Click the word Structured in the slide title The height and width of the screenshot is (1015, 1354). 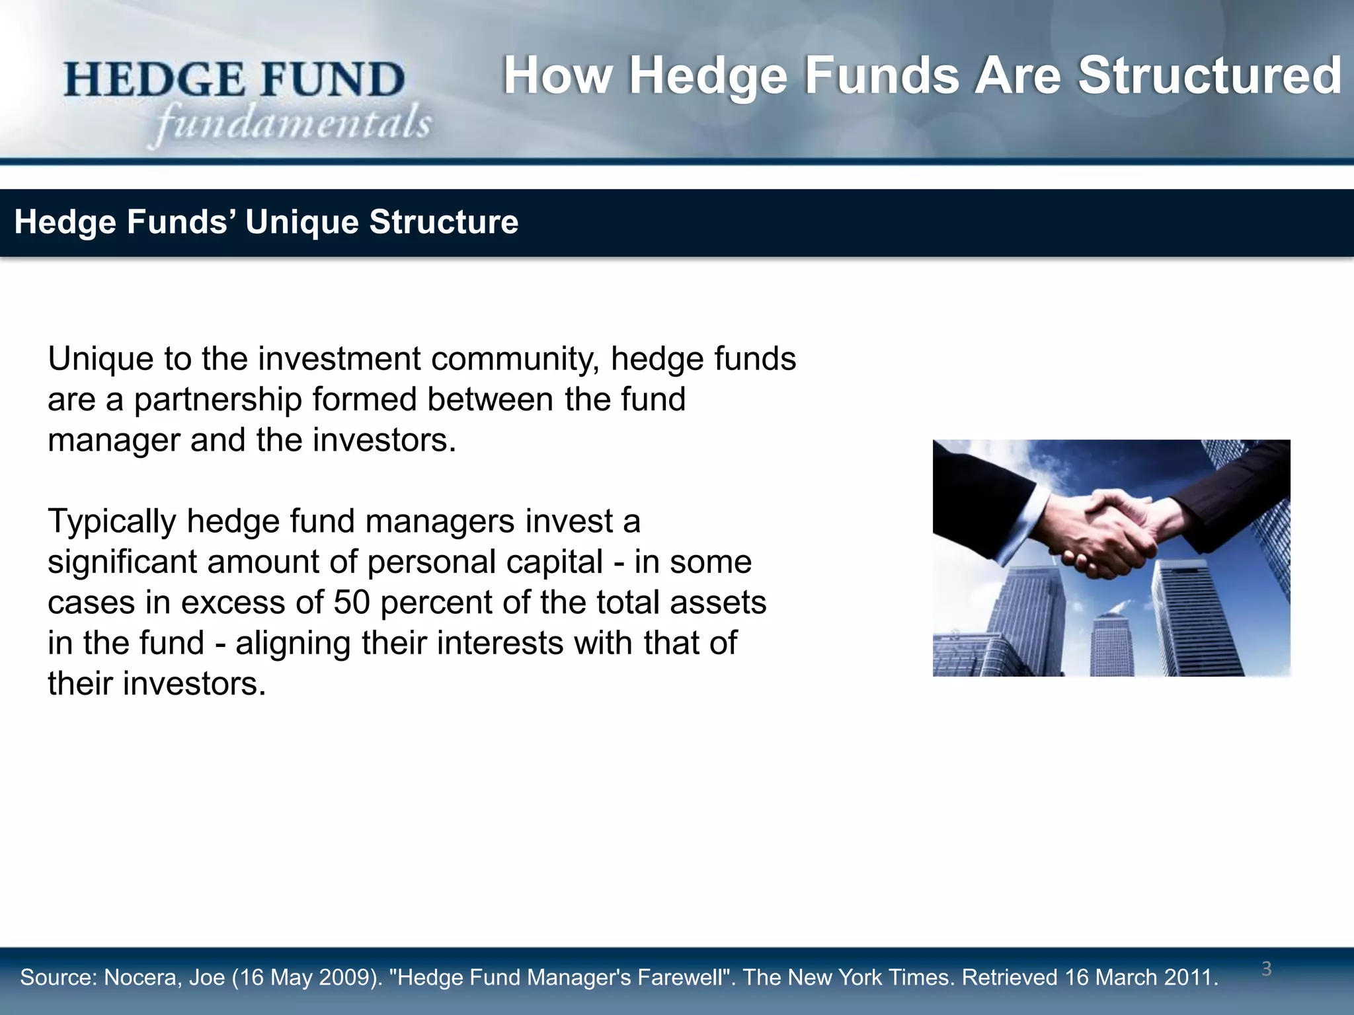1209,76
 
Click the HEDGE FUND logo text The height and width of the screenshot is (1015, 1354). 234,80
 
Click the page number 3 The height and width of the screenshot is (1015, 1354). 1266,969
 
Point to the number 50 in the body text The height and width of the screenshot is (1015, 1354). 351,603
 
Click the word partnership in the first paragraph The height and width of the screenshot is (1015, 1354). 218,400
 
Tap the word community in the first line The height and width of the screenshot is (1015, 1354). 515,359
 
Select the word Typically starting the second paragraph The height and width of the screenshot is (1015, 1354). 112,522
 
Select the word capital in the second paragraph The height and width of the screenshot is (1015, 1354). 555,562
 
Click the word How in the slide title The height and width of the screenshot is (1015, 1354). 557,76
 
